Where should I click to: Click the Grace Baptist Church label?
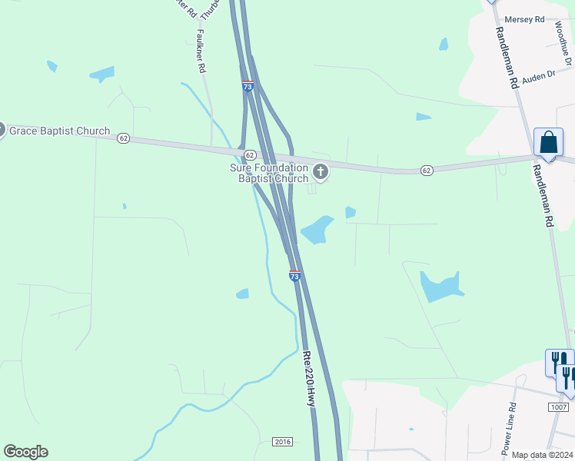click(x=59, y=131)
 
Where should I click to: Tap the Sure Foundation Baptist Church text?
click(x=269, y=174)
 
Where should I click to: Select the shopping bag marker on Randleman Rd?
click(x=548, y=143)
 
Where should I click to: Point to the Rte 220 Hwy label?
click(x=309, y=380)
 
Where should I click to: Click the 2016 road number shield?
click(x=282, y=442)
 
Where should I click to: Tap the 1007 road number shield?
click(x=559, y=406)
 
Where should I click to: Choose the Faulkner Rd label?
click(x=201, y=51)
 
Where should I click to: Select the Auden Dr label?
click(x=538, y=77)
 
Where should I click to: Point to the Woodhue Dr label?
click(x=563, y=43)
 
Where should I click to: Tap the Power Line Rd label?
click(x=509, y=426)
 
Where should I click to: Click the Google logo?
click(x=25, y=452)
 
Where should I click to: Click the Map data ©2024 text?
click(x=541, y=455)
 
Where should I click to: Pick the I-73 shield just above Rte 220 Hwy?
click(x=294, y=275)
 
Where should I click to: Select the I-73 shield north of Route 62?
click(x=247, y=87)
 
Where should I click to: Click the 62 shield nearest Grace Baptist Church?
click(x=124, y=138)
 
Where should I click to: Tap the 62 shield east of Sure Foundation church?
click(x=427, y=169)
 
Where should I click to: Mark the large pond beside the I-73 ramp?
click(x=317, y=230)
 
